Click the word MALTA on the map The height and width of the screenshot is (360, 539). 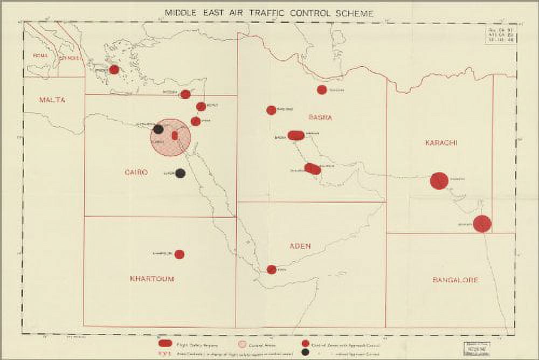tap(52, 100)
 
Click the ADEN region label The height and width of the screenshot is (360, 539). tap(300, 246)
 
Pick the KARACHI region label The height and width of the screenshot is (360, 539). tap(441, 143)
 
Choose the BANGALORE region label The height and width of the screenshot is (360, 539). tap(455, 280)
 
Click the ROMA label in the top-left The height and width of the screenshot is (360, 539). tap(40, 56)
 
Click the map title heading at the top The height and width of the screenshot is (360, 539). tap(268, 12)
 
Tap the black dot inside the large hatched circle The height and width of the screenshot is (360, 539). tap(158, 129)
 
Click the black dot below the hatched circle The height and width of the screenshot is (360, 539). tap(181, 173)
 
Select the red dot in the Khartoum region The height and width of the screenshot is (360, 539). tap(179, 254)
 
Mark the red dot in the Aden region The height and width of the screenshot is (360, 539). tap(272, 269)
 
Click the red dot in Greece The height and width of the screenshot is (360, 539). tap(114, 70)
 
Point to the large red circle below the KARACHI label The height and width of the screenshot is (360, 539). tap(439, 181)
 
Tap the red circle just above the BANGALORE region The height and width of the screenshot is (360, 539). tap(482, 223)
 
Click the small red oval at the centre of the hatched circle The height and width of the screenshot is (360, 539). tap(175, 135)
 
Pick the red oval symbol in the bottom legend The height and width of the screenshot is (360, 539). tap(165, 343)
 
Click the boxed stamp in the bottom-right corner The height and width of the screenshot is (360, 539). tap(471, 347)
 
